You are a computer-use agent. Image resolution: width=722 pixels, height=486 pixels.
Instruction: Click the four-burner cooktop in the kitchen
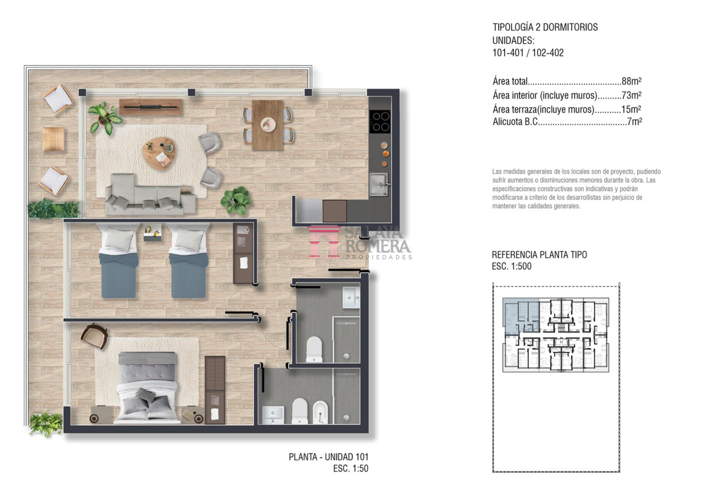click(380, 121)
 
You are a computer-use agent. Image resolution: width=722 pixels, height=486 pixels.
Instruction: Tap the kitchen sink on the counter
click(378, 184)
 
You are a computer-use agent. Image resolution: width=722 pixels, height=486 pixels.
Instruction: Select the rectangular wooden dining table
click(267, 125)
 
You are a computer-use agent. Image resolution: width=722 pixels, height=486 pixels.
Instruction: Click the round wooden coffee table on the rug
click(159, 153)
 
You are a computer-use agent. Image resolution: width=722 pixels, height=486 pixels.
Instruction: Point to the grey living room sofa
click(150, 195)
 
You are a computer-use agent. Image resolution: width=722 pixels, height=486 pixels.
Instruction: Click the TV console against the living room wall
click(150, 107)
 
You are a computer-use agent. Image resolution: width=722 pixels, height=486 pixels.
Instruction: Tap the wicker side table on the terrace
click(53, 139)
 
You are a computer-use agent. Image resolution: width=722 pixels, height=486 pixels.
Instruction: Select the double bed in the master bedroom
click(147, 387)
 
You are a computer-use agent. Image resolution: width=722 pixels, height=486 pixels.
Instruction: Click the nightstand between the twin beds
click(152, 233)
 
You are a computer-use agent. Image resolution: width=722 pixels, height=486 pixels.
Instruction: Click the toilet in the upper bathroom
click(314, 349)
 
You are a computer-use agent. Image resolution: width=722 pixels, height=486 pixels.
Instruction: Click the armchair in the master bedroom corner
click(94, 335)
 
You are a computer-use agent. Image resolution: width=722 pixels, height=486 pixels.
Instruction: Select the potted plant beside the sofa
click(236, 201)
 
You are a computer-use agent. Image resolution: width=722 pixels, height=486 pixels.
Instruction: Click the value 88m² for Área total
click(631, 81)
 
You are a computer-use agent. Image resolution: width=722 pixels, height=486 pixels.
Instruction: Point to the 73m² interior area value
click(631, 95)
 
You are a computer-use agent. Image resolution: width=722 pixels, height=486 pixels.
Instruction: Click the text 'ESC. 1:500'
click(511, 266)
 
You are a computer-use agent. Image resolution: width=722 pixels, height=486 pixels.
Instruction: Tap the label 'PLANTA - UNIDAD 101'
click(329, 457)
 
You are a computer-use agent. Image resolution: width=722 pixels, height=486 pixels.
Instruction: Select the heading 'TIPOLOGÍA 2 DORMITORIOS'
click(545, 27)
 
